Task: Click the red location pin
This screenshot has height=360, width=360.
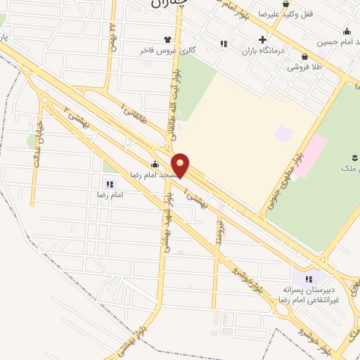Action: tap(181, 165)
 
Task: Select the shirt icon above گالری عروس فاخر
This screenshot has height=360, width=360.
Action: tap(167, 40)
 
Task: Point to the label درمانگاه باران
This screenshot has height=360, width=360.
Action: tap(262, 51)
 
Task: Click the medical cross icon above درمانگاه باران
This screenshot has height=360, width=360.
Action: tap(262, 39)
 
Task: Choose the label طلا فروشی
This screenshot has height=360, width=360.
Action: tap(304, 68)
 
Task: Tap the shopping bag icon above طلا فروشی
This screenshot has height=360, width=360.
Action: tap(304, 57)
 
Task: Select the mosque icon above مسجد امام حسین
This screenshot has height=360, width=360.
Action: tap(347, 31)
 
